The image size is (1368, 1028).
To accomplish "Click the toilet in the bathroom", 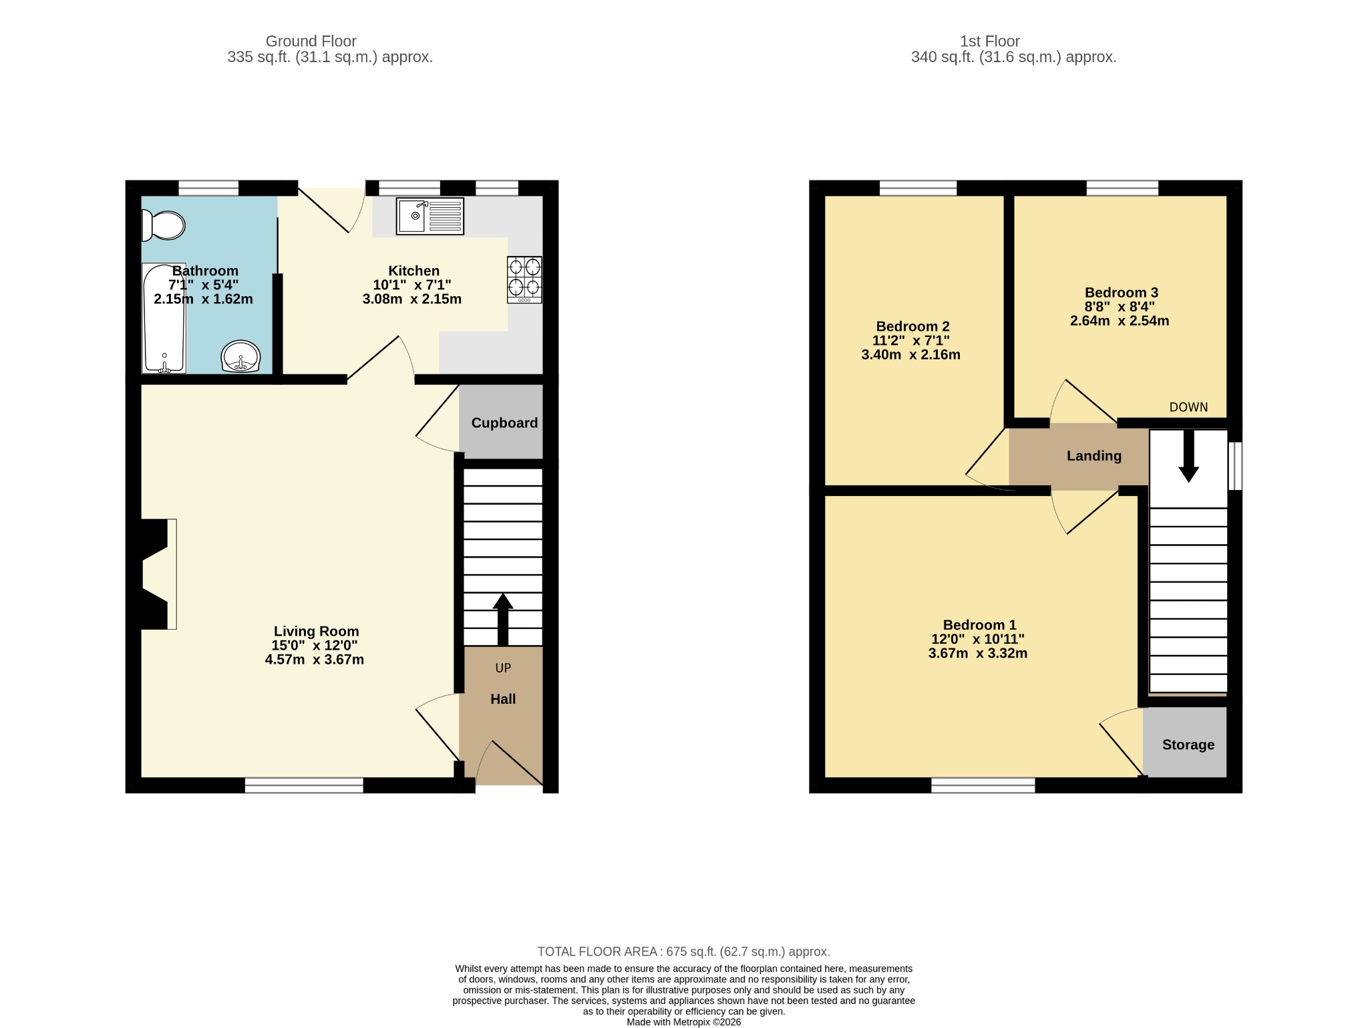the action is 163,225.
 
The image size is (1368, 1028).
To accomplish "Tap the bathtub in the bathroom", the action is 164,318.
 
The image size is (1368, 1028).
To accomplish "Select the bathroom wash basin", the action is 240,356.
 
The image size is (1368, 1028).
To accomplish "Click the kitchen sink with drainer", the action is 430,216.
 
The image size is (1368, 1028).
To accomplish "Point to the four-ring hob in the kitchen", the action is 524,279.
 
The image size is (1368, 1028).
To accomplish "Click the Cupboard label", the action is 504,423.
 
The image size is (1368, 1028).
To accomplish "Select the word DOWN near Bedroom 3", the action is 1188,407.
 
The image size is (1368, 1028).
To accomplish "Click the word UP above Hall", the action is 503,668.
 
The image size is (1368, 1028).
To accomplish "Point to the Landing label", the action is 1094,456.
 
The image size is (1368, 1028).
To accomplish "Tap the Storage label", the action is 1188,745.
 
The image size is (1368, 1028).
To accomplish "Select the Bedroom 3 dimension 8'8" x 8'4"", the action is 1120,307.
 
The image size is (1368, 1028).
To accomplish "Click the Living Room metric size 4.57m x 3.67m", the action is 315,660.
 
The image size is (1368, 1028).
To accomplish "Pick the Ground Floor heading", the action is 311,41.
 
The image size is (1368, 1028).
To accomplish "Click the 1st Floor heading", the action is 990,41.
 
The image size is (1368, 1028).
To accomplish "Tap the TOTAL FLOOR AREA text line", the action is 684,952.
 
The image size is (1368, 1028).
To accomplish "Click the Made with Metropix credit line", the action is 684,1022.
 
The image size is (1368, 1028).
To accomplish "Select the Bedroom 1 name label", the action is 979,625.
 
